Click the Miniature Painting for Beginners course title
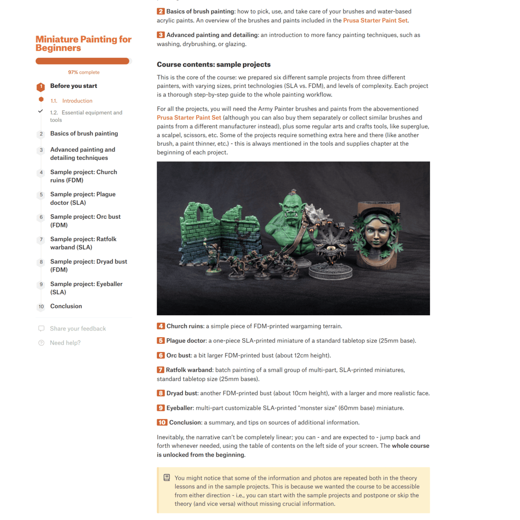tap(83, 44)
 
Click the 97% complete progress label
tap(84, 72)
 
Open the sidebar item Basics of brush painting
tap(84, 134)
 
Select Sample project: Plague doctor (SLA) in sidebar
tap(83, 198)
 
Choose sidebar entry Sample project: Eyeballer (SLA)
tap(86, 288)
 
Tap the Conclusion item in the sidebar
tap(66, 306)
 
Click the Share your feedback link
tap(78, 329)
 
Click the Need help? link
tap(65, 343)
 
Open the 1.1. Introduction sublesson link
tap(77, 101)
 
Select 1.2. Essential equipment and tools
tap(86, 116)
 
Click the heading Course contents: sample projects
tap(213, 64)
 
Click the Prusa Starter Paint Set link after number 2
tap(375, 20)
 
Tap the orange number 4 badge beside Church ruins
tap(160, 326)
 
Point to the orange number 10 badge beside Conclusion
tap(162, 422)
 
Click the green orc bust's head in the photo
tap(290, 211)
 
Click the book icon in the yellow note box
tap(167, 478)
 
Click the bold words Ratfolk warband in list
tap(189, 370)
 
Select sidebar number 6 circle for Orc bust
tap(41, 217)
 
